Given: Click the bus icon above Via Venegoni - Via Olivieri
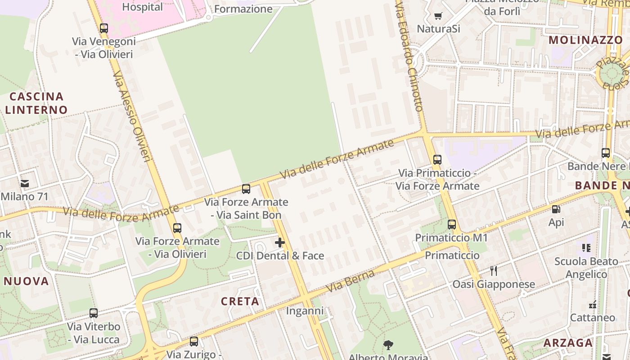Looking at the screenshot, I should (x=104, y=28).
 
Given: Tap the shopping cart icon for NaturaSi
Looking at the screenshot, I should (x=438, y=16).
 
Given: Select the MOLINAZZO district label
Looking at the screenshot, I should (x=585, y=40).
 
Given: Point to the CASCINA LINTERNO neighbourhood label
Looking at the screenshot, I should (x=36, y=103).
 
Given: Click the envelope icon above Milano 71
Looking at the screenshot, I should (x=25, y=184).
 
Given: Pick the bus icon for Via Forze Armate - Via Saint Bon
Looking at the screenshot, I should (x=246, y=189).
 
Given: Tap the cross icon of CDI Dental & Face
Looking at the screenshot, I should (x=280, y=243).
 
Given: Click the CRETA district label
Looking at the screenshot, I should (x=240, y=301).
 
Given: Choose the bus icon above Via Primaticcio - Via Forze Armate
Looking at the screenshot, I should (x=437, y=160).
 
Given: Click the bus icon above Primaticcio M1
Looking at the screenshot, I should (x=452, y=225).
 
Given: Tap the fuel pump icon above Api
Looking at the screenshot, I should (x=556, y=209).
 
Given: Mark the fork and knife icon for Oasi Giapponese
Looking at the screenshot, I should (x=494, y=271).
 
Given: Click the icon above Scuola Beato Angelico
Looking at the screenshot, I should (x=586, y=247).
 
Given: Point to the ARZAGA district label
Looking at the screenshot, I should (x=568, y=343).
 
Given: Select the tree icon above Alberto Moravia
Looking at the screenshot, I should (x=388, y=345).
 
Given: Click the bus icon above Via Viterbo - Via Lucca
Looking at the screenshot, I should (x=94, y=313).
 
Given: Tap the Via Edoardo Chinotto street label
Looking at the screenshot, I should (x=409, y=57).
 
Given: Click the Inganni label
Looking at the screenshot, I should (x=305, y=311).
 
